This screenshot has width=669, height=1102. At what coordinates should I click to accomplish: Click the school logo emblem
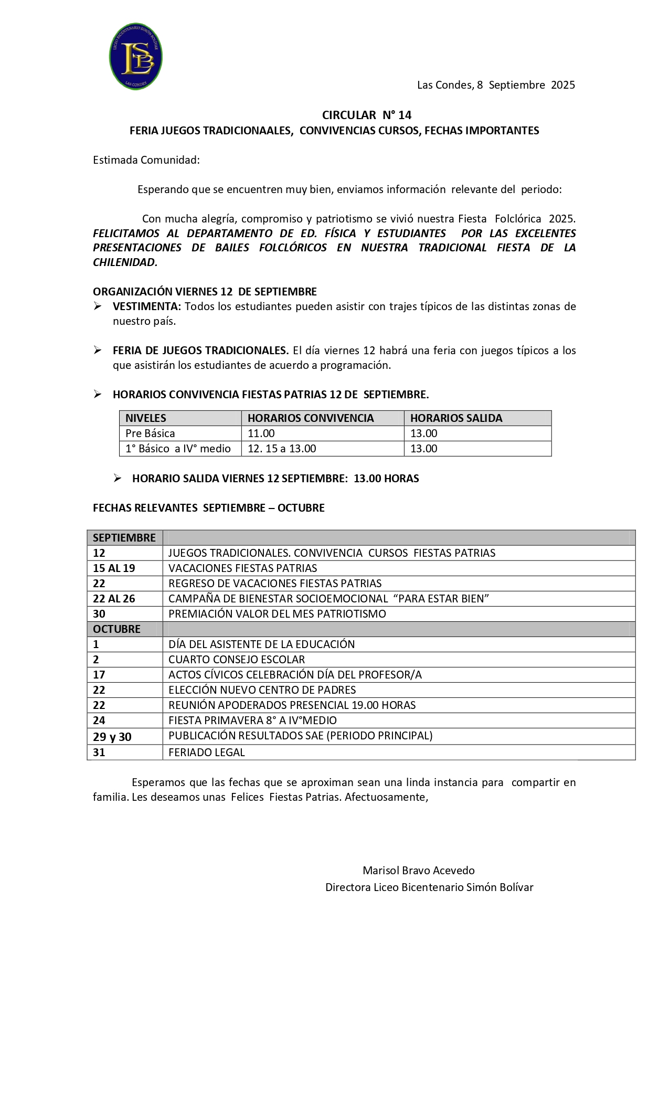pos(136,57)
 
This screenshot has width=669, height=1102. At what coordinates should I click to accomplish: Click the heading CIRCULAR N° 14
pos(366,115)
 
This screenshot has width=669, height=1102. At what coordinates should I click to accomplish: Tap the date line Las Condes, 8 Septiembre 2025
pos(495,85)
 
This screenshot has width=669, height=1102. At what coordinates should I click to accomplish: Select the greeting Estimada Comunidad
pos(146,160)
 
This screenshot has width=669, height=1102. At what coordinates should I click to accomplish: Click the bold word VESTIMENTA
pos(146,306)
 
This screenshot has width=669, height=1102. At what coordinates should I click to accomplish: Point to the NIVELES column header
pos(146,418)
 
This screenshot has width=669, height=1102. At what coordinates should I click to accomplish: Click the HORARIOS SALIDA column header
pos(456,418)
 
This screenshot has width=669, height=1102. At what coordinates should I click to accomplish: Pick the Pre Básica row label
pos(150,433)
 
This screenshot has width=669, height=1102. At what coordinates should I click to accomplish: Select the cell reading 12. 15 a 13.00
pos(282,449)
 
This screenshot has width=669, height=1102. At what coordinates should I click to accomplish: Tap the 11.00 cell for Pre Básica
pos(261,433)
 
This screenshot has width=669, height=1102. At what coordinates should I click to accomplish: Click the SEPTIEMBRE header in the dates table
pos(124,538)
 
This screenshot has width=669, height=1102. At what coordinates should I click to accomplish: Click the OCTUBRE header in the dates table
pos(116,629)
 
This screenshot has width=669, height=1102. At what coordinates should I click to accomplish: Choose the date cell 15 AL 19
pos(114,568)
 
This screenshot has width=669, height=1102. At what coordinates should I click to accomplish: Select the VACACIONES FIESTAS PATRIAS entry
pos(242,568)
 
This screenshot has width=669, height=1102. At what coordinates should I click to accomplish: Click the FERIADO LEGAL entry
pos(207,753)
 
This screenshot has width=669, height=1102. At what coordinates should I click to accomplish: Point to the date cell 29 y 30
pos(112,737)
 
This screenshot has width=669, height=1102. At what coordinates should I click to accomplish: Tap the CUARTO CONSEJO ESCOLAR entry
pos(237,660)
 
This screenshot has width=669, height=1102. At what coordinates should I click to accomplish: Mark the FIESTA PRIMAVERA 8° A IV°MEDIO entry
pos(252,720)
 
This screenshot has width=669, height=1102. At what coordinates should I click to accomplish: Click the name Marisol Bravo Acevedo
pos(418,871)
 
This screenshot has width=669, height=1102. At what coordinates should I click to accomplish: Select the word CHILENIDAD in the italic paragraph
pos(125,262)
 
